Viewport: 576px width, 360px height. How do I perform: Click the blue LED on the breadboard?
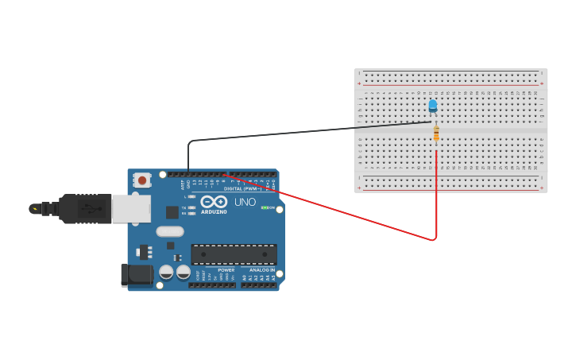432,105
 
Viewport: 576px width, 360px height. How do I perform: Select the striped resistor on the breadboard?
436,134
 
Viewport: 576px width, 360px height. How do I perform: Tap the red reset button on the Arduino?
142,180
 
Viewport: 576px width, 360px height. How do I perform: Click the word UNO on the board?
245,202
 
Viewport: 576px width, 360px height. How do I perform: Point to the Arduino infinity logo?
214,202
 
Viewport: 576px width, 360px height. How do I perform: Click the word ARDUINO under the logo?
214,212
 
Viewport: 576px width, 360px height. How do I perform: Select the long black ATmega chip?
234,254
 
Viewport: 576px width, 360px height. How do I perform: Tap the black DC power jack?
137,275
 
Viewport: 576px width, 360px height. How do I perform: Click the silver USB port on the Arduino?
130,208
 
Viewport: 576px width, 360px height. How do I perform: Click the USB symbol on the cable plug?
89,209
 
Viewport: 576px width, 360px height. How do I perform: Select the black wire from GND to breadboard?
302,132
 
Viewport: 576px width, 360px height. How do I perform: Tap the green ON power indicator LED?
265,207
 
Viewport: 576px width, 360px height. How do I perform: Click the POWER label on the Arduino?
226,270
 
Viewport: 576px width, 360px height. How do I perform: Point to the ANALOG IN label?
261,270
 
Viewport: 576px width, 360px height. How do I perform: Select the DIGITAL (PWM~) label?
242,189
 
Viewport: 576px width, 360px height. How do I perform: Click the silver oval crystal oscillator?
169,231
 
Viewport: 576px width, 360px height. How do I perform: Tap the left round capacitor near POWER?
166,272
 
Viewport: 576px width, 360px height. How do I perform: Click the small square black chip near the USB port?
172,212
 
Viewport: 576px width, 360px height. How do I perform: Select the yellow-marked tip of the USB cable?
34,209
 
